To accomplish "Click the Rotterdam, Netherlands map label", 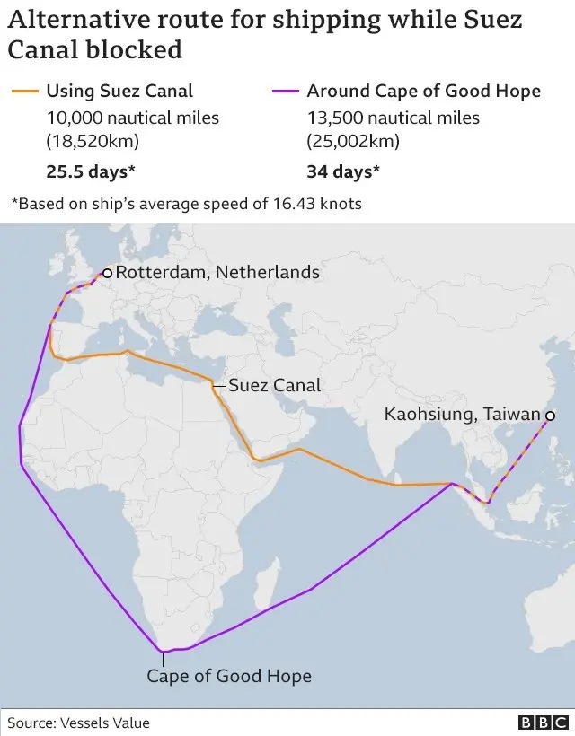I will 217,272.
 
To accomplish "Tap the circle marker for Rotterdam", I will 107,273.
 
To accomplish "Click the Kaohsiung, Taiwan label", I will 463,415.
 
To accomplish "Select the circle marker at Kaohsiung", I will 548,416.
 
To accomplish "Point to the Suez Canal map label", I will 274,386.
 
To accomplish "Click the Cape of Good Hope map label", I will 229,676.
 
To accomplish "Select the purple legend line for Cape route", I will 286,91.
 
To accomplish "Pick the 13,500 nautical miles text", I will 394,118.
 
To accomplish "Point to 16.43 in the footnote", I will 290,204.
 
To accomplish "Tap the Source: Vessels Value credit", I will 79,723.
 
